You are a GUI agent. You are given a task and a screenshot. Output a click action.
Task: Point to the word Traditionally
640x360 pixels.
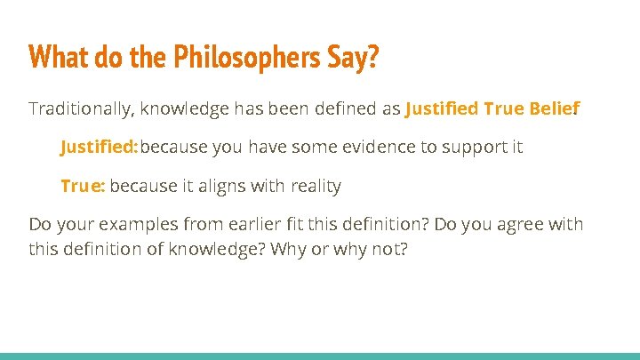point(80,108)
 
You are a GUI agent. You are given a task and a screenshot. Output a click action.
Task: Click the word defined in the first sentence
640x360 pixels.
point(339,108)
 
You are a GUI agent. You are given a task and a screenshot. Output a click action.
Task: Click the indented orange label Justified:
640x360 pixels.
point(99,147)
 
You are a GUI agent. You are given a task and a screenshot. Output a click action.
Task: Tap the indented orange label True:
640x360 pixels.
point(83,186)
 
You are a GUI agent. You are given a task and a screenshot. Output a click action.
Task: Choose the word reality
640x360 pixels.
point(312,186)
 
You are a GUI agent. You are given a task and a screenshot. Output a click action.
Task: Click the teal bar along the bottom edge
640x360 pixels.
point(320,356)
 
